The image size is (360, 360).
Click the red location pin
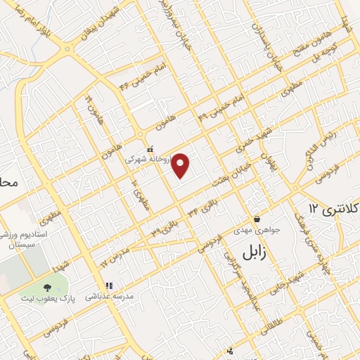(x=181, y=165)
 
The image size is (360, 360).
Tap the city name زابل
(x=255, y=252)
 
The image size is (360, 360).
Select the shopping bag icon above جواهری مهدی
(x=257, y=219)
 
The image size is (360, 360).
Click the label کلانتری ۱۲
(x=334, y=208)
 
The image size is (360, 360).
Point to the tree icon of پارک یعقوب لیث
(x=47, y=288)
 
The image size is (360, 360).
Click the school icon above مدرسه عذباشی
(x=109, y=285)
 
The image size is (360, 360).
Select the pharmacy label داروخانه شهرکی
(x=148, y=160)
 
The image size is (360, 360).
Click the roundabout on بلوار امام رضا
(x=67, y=50)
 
